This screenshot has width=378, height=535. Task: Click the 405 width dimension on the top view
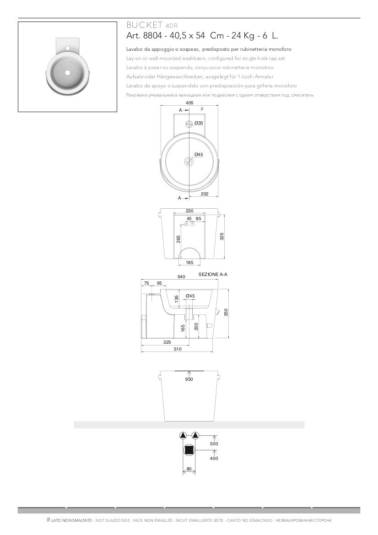[x=189, y=103]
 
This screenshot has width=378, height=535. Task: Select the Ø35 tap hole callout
[x=199, y=123]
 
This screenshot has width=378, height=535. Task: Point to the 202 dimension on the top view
[x=205, y=194]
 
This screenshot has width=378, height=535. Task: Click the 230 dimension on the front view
[x=189, y=211]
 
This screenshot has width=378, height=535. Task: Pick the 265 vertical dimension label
[x=178, y=238]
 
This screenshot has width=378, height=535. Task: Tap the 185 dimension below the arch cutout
[x=189, y=263]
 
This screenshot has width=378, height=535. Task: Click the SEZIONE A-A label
[x=213, y=274]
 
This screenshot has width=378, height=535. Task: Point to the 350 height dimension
[x=226, y=312]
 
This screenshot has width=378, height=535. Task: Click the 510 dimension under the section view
[x=177, y=349]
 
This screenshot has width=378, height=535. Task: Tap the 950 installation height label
[x=189, y=379]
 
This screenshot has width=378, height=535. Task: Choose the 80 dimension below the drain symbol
[x=189, y=468]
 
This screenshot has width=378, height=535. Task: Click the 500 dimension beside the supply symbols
[x=214, y=443]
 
